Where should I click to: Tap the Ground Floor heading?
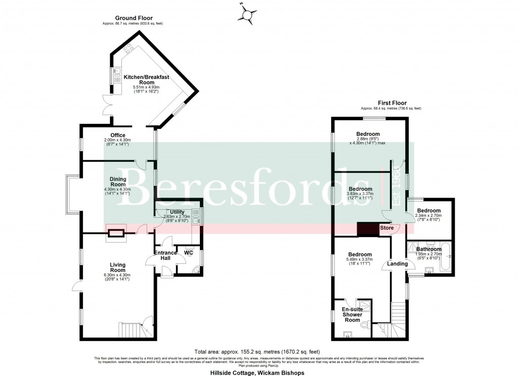(134, 18)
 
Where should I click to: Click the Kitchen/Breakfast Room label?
(146, 79)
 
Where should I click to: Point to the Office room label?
(117, 135)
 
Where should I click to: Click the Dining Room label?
(117, 181)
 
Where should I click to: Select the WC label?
(189, 252)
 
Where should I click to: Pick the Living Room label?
(117, 267)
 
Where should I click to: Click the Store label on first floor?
(387, 228)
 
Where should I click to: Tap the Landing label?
(397, 264)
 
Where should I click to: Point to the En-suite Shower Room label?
(352, 314)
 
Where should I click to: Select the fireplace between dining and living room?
(116, 233)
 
